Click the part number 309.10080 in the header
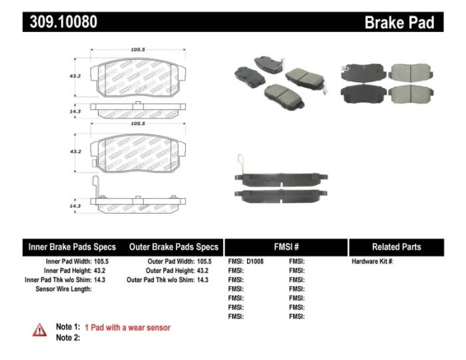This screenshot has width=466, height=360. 64,22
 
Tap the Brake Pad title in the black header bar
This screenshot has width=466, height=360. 399,23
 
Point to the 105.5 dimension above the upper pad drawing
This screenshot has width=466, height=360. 138,49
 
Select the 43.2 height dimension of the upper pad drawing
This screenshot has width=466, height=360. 76,76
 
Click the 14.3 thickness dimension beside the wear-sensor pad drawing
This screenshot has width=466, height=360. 76,206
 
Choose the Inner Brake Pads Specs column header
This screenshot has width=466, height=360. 72,247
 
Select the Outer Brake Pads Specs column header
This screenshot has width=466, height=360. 174,247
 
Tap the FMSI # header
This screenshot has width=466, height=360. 286,247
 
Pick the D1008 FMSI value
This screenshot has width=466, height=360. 255,262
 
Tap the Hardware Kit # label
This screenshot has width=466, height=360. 372,262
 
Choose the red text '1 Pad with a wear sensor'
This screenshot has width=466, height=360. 127,327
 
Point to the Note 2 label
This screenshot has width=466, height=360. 68,338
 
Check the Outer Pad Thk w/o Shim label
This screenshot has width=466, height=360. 160,280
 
